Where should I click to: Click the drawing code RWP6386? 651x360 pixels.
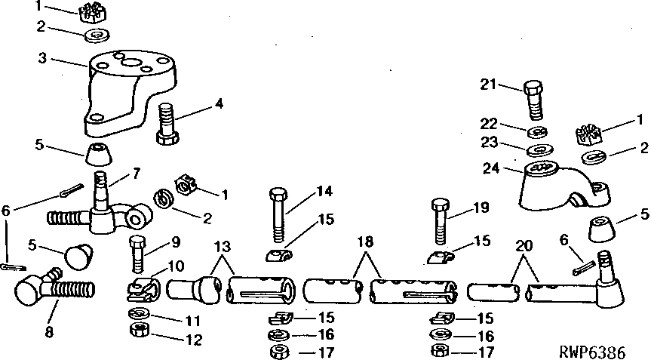point(591,352)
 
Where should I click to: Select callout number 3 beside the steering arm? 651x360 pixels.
point(42,58)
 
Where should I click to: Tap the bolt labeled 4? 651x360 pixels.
point(168,125)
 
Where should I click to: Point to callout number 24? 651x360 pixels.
point(491,168)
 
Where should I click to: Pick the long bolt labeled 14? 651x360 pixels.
point(278,215)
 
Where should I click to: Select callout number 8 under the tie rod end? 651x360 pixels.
point(49,333)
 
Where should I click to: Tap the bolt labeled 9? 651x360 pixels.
point(138,255)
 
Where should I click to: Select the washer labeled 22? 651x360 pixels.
point(537,133)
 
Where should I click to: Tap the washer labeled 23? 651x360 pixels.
point(539,149)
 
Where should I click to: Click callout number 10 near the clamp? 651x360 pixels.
point(176,266)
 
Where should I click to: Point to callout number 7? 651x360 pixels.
point(136,173)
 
